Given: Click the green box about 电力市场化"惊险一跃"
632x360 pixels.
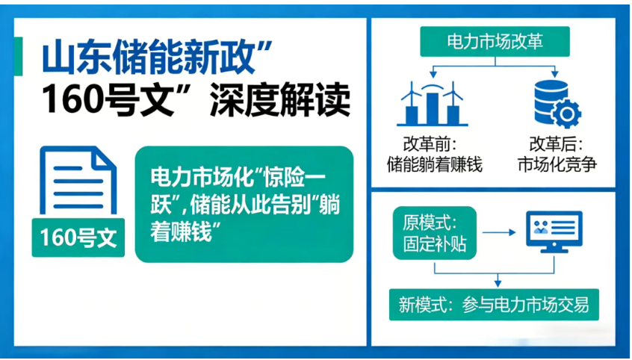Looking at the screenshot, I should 244,204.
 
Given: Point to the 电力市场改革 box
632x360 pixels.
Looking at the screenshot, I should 495,42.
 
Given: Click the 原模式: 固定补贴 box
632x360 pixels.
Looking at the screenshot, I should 434,233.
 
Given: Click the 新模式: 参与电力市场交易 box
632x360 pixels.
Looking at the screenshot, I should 494,304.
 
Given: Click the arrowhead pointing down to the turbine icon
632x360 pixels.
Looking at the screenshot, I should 433,73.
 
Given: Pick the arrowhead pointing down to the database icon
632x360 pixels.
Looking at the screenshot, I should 554,73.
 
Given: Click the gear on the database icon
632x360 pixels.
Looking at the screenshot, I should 569,114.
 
